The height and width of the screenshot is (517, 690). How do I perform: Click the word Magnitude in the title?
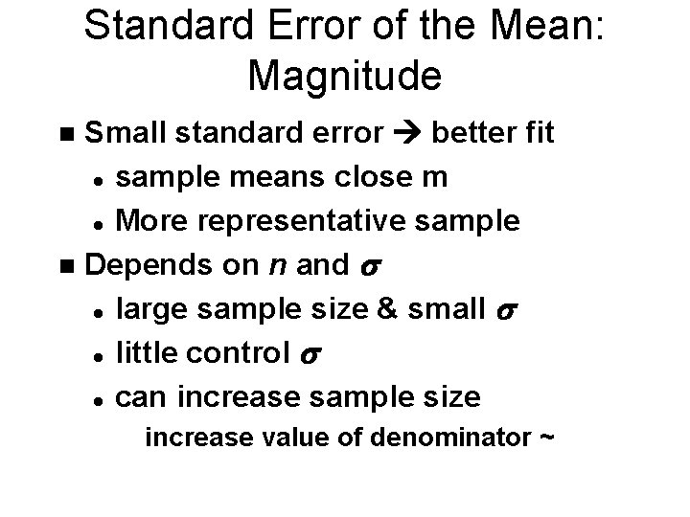click(345, 74)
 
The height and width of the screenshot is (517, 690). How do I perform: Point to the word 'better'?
click(473, 132)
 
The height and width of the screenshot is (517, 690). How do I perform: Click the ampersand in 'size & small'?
click(392, 308)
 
